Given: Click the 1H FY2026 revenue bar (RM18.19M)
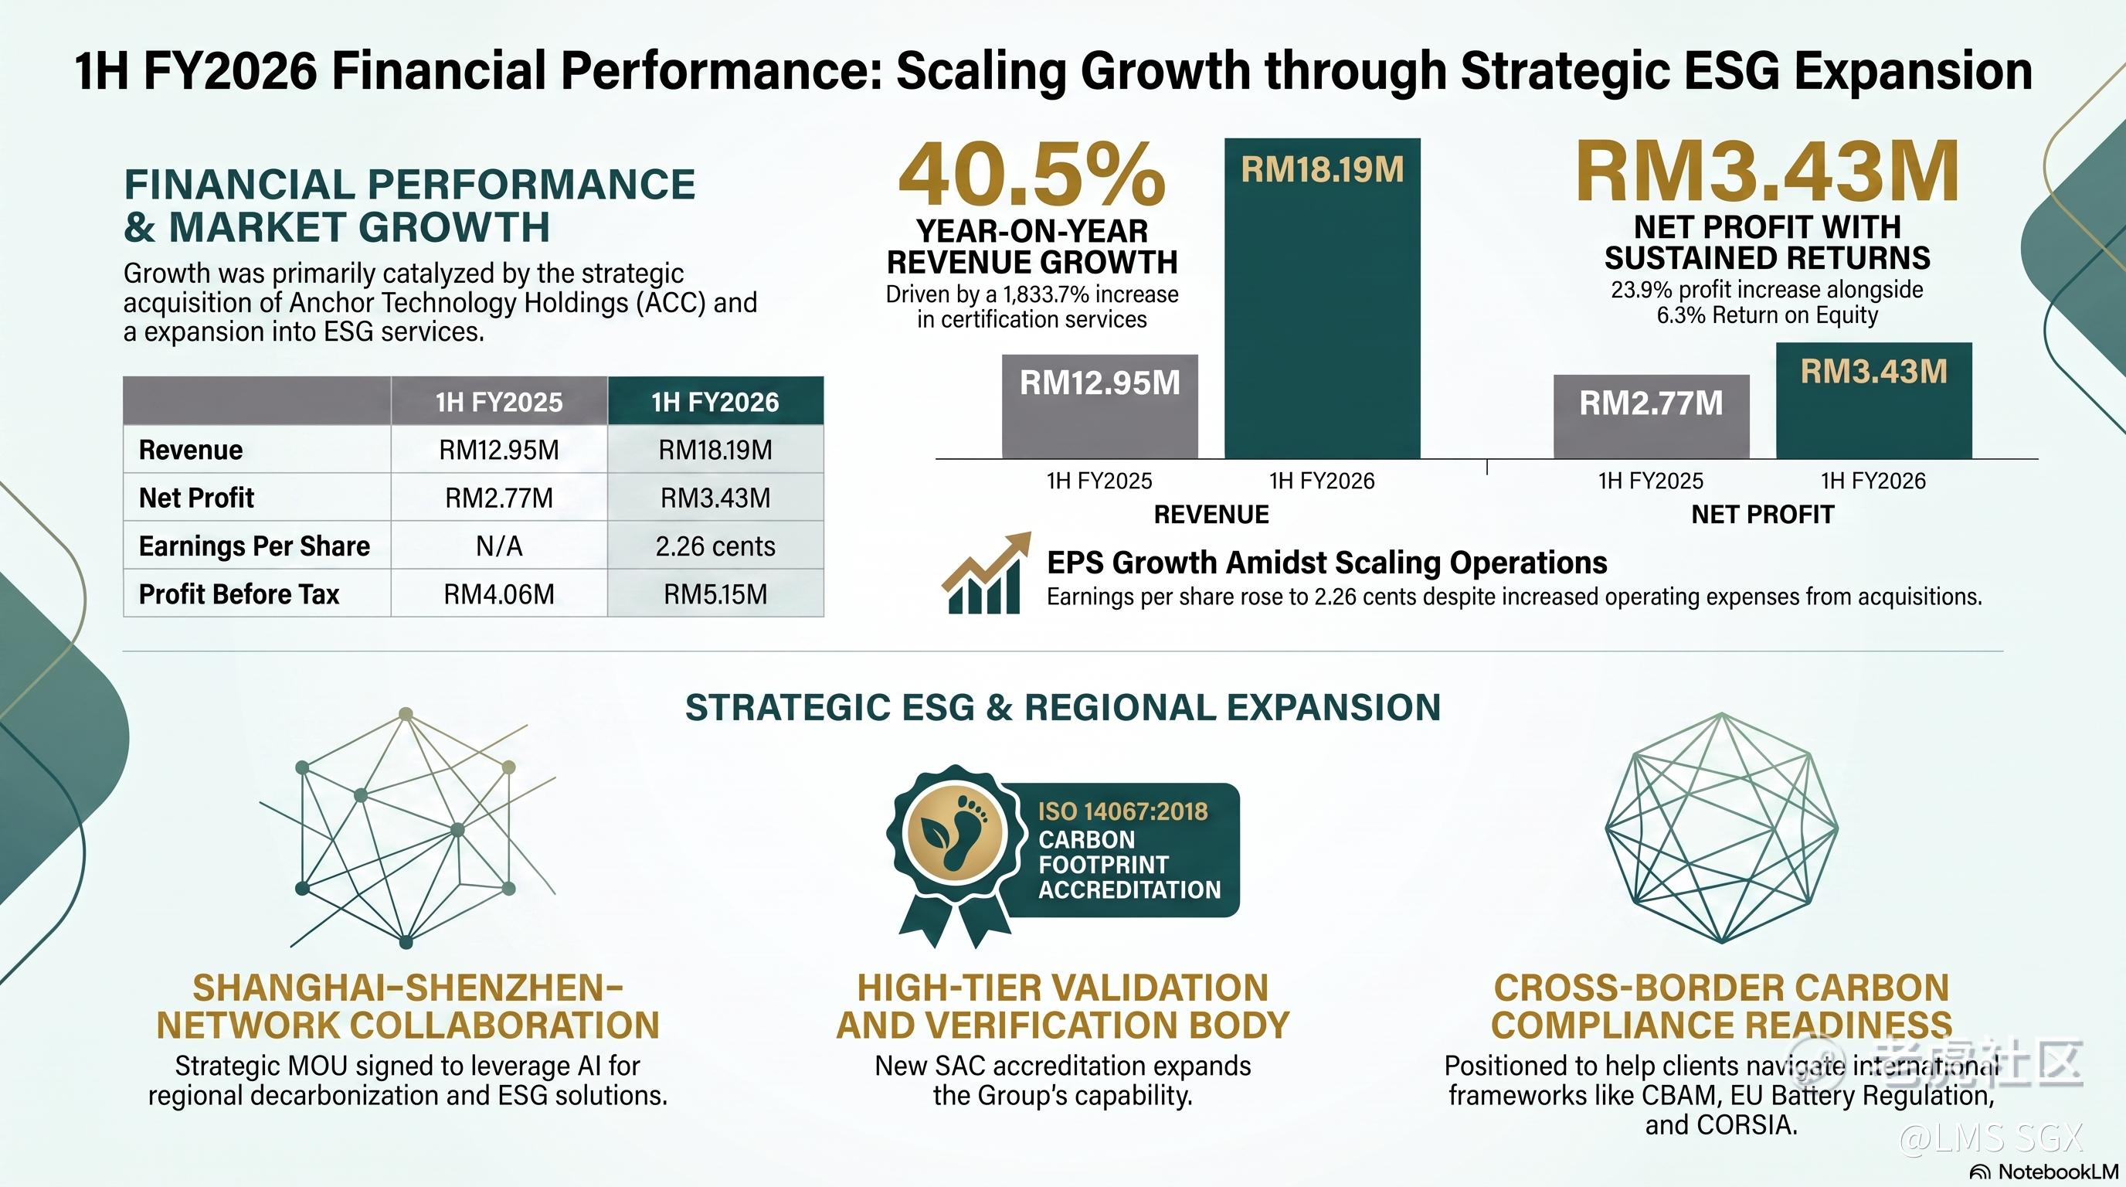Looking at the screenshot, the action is (1322, 298).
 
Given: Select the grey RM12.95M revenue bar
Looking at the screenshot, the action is (1099, 406).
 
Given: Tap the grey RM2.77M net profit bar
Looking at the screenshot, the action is (1652, 417).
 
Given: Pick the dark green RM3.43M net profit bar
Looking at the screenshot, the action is (1874, 400).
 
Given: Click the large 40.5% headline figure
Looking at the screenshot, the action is (1031, 174).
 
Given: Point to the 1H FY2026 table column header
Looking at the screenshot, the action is (715, 401).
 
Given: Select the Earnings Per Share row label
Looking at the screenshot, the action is (254, 546).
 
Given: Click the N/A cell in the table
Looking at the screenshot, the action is (499, 546).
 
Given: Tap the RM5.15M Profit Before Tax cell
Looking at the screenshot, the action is (715, 593).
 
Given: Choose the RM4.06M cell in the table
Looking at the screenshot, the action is (499, 593).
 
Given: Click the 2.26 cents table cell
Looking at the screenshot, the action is (715, 546).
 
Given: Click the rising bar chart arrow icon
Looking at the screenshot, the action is (987, 573).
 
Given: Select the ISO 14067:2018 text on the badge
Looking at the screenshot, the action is (1122, 811).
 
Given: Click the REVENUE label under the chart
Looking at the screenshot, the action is (1211, 514).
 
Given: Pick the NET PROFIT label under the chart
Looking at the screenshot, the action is (1762, 514).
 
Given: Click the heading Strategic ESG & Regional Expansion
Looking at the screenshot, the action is (1063, 707).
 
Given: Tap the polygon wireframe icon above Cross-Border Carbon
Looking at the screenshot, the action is (1722, 827).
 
